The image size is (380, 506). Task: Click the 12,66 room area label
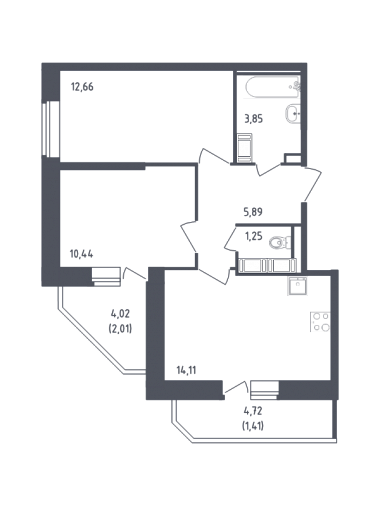pyautogui.click(x=82, y=87)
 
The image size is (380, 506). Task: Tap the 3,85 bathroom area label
pyautogui.click(x=254, y=119)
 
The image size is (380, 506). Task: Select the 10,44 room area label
pyautogui.click(x=81, y=254)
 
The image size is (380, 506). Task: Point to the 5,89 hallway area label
pyautogui.click(x=253, y=212)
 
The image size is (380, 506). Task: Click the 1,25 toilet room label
pyautogui.click(x=254, y=237)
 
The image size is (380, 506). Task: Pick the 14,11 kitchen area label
pyautogui.click(x=186, y=371)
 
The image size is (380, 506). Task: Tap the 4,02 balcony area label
pyautogui.click(x=120, y=314)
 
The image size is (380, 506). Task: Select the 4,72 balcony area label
pyautogui.click(x=253, y=411)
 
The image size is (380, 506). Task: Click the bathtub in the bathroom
pyautogui.click(x=273, y=87)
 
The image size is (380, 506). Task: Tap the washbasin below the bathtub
pyautogui.click(x=293, y=113)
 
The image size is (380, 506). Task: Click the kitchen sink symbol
pyautogui.click(x=297, y=286)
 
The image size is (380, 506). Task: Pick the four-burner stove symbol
pyautogui.click(x=321, y=322)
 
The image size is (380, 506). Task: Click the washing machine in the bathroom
pyautogui.click(x=245, y=148)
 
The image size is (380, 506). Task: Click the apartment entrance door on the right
pyautogui.click(x=313, y=184)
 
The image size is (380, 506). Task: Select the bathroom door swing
pyautogui.click(x=270, y=169)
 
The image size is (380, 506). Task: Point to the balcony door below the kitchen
pyautogui.click(x=236, y=387)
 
